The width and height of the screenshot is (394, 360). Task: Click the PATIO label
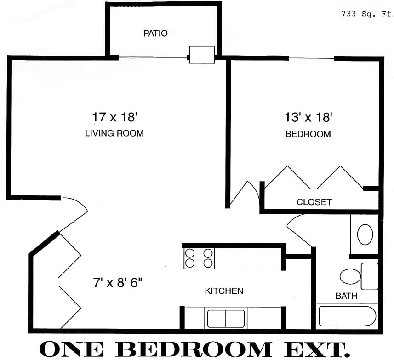pyautogui.click(x=155, y=34)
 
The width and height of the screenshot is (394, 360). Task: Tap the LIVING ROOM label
pyautogui.click(x=114, y=134)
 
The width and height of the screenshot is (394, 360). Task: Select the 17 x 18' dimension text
pyautogui.click(x=115, y=117)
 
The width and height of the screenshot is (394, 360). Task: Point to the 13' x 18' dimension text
pyautogui.click(x=308, y=118)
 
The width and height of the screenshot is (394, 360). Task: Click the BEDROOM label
pyautogui.click(x=308, y=134)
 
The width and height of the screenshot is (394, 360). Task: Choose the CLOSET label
pyautogui.click(x=314, y=202)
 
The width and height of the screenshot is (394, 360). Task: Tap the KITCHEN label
pyautogui.click(x=224, y=291)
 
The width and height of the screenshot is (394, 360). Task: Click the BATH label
pyautogui.click(x=346, y=296)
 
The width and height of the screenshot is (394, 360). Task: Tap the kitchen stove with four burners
pyautogui.click(x=199, y=258)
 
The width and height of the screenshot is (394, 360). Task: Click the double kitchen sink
pyautogui.click(x=226, y=319)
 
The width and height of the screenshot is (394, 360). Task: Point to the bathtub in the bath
pyautogui.click(x=347, y=316)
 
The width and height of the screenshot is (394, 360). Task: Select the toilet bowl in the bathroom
pyautogui.click(x=350, y=277)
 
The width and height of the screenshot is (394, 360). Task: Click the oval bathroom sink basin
pyautogui.click(x=365, y=234)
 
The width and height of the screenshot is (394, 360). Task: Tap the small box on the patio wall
pyautogui.click(x=202, y=55)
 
